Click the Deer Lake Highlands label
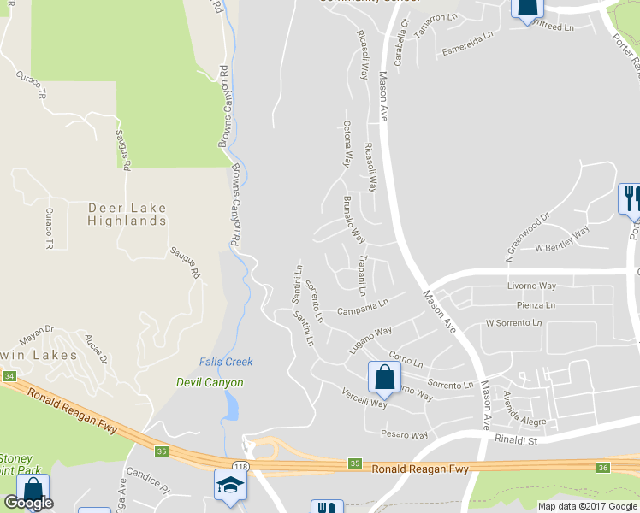tap(127, 214)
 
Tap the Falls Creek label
tap(226, 362)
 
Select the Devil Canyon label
tap(210, 383)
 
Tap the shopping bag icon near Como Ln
tap(385, 377)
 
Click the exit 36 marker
tap(602, 467)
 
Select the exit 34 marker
tap(9, 376)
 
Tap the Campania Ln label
tap(363, 306)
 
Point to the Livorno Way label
tap(531, 286)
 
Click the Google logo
tap(29, 503)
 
